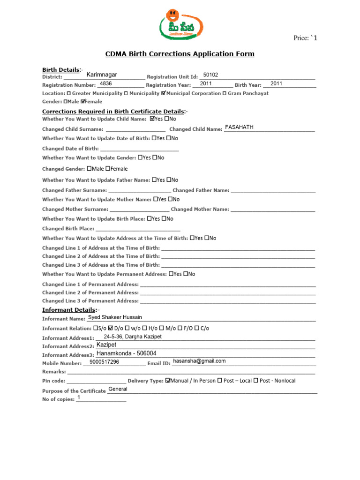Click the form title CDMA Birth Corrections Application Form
[180, 54]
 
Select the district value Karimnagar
[102, 75]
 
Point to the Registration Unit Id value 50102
[210, 75]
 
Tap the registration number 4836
[106, 83]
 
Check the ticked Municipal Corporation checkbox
[163, 93]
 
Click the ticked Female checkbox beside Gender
[83, 101]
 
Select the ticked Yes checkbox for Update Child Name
[152, 119]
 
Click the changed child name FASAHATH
[239, 127]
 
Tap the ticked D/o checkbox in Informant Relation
[111, 328]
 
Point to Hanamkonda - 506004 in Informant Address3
[126, 353]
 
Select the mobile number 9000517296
[104, 362]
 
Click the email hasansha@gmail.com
[199, 361]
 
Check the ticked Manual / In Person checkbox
[168, 381]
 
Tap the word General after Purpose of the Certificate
[118, 389]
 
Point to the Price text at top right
[305, 38]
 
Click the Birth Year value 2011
[277, 83]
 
